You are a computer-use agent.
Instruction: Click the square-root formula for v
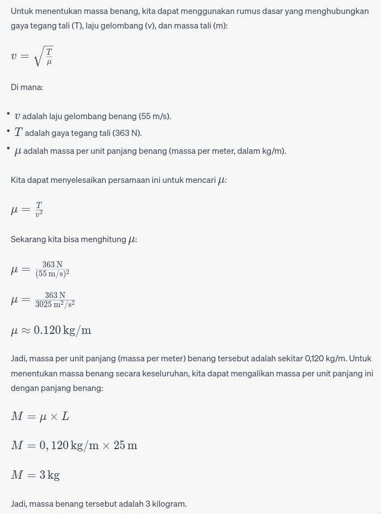tap(32, 56)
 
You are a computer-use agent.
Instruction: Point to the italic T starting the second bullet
tap(18, 133)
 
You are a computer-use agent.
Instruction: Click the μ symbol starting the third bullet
tap(17, 150)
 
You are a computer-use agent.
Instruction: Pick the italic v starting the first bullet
tap(17, 116)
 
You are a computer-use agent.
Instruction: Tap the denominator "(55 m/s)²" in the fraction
tap(52, 274)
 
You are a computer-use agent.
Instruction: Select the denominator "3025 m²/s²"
tap(55, 304)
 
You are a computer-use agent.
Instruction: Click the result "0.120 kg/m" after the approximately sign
tap(63, 331)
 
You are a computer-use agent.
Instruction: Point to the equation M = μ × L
tap(40, 416)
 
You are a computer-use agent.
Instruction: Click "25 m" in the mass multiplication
tap(125, 446)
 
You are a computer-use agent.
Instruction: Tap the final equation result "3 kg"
tap(50, 475)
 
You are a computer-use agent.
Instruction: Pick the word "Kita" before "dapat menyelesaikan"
tap(18, 180)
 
